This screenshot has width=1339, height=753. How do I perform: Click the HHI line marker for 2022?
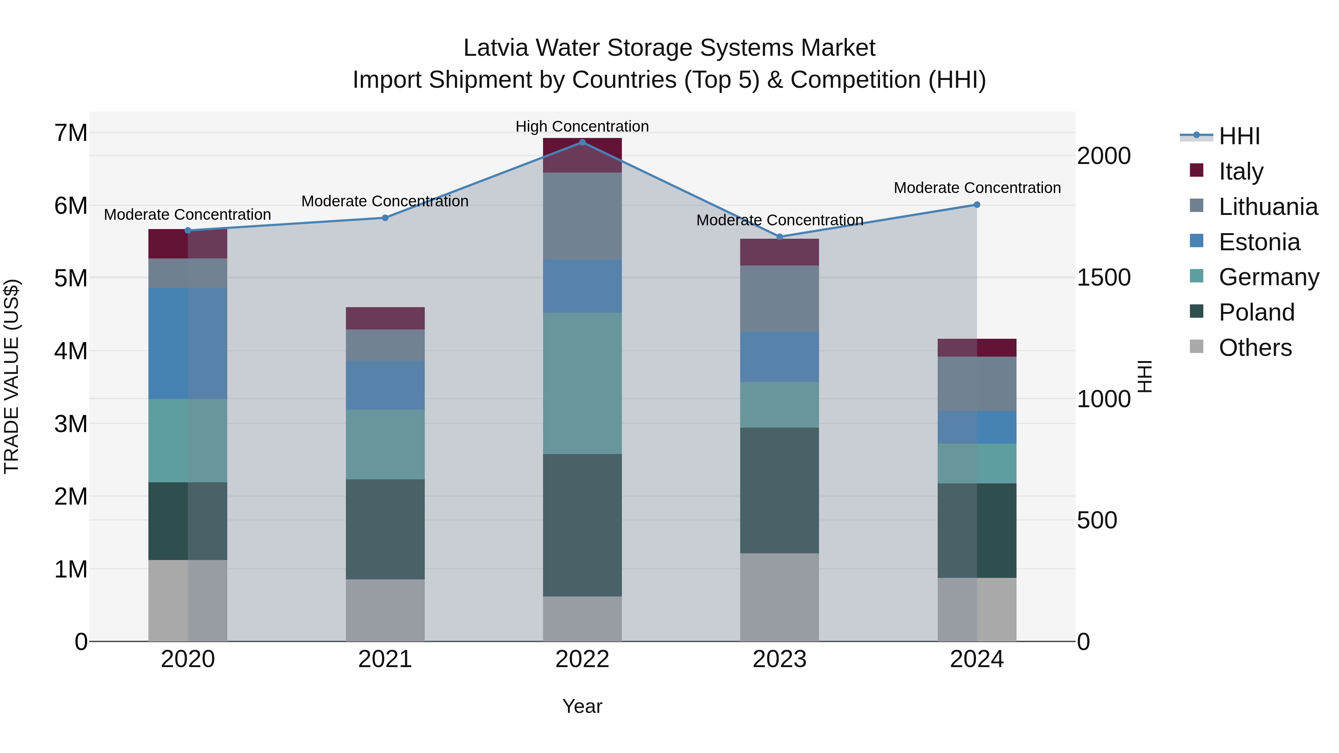pos(582,142)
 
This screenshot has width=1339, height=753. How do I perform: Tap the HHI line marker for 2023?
pos(779,237)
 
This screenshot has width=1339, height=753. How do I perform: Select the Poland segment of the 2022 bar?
pos(582,525)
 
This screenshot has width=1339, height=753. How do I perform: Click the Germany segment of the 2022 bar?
pos(582,383)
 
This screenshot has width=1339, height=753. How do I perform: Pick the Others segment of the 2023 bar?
pos(779,597)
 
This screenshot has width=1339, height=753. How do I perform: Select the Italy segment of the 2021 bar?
pos(385,318)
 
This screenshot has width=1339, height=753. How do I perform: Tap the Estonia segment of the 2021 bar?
pos(385,385)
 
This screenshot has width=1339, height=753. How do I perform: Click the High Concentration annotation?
pos(582,126)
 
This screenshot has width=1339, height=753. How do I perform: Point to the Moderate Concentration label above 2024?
pos(977,188)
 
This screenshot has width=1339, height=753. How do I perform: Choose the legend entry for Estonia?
pos(1259,242)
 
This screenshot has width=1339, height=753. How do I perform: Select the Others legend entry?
pos(1255,348)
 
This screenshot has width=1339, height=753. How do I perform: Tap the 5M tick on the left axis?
pos(71,278)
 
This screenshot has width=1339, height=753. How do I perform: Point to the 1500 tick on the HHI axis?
pos(1103,277)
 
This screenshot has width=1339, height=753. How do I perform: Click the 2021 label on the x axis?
pos(385,659)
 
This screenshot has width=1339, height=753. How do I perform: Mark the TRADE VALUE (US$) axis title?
pos(12,376)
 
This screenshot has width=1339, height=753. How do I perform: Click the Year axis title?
pos(582,706)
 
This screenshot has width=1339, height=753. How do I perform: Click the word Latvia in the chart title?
pos(496,48)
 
